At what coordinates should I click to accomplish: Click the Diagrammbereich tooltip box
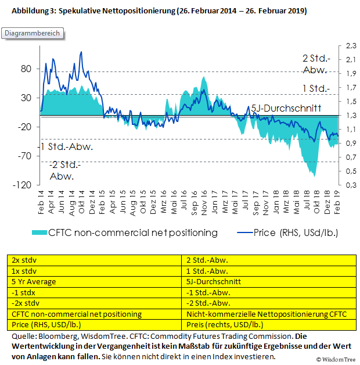click(x=33, y=33)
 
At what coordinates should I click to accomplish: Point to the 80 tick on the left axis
click(x=26, y=69)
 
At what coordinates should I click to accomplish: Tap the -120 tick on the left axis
click(x=23, y=185)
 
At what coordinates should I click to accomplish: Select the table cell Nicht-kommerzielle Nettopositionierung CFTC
click(x=265, y=314)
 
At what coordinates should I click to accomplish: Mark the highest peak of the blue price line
click(x=81, y=52)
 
